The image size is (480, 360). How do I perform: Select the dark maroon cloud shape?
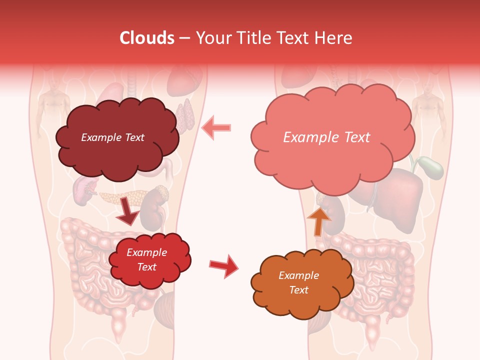116,137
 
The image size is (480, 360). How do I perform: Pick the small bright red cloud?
149,260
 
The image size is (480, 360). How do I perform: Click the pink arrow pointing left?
216,128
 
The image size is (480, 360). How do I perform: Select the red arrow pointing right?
224,266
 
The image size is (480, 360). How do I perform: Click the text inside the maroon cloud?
112,137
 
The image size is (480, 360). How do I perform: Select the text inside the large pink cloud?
326,137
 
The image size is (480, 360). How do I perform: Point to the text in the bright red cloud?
146,259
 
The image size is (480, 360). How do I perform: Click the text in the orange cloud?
298,282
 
